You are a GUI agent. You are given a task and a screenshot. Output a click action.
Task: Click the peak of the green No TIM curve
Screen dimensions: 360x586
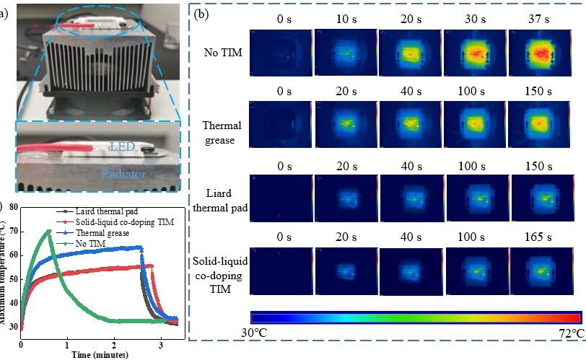point(48,230)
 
